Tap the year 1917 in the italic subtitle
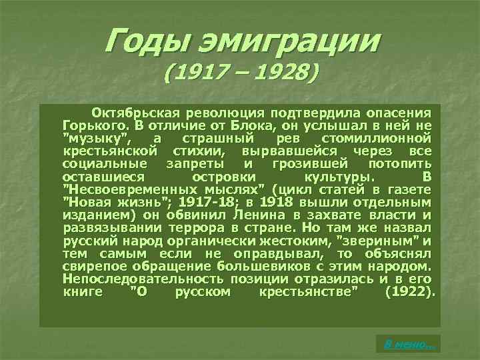200,71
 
